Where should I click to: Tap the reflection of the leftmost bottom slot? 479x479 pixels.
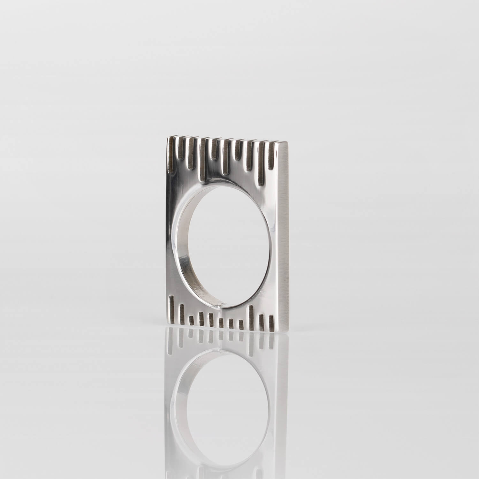pos(172,342)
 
